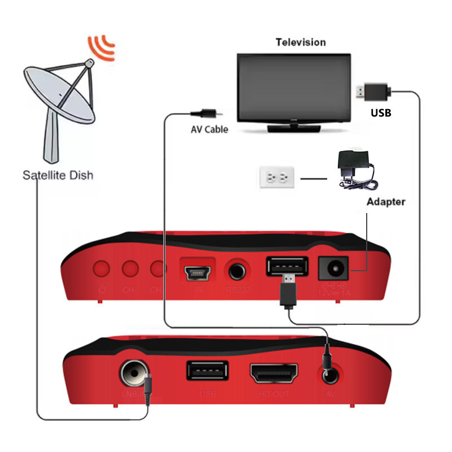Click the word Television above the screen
[x=301, y=42]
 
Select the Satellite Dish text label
[x=58, y=175]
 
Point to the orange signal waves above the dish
[x=102, y=47]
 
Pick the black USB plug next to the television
[x=372, y=91]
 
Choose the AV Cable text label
[x=209, y=129]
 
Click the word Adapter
[x=386, y=202]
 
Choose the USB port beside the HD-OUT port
[x=207, y=371]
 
